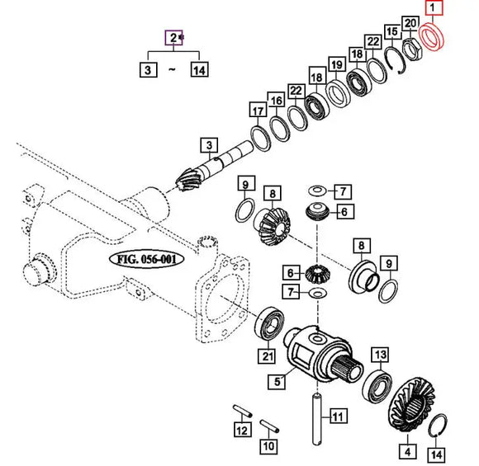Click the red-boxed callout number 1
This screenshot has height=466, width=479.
(434, 11)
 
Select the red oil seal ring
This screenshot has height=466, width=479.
(431, 38)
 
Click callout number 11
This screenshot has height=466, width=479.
(335, 416)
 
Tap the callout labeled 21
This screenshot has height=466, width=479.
(266, 356)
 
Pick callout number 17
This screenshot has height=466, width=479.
(258, 111)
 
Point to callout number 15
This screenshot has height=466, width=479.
(393, 31)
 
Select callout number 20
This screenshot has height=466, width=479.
(410, 23)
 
